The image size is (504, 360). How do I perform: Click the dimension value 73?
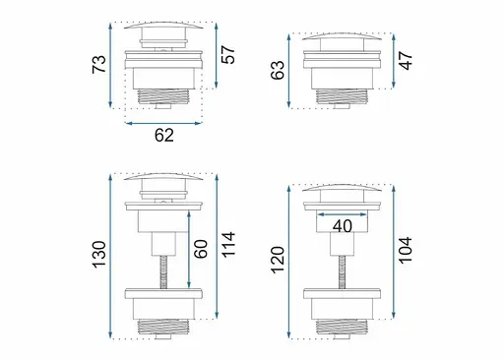point(99,64)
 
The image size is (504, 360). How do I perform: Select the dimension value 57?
point(228,55)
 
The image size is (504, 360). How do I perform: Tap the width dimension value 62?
point(164,135)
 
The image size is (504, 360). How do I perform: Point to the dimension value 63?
point(278,70)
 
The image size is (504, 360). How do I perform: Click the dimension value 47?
point(406,61)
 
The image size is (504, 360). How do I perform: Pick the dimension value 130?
point(99,255)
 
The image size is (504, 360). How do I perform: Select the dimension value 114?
point(228,245)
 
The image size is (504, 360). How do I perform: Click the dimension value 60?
point(201,249)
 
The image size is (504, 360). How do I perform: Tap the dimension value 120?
point(278,260)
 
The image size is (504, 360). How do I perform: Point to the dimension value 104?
point(406,250)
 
